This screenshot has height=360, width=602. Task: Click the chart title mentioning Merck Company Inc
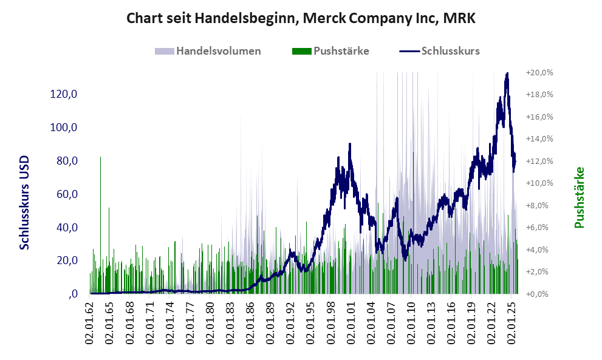tap(301, 18)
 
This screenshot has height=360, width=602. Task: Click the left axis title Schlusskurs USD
tap(25, 202)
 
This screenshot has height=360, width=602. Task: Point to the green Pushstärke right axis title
tap(579, 198)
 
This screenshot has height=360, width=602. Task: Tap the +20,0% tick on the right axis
tap(539, 72)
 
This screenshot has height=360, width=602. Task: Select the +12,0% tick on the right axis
tap(539, 161)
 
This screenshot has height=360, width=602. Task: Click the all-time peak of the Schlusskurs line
tap(507, 73)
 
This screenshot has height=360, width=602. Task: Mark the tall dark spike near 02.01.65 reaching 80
tap(100, 158)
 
